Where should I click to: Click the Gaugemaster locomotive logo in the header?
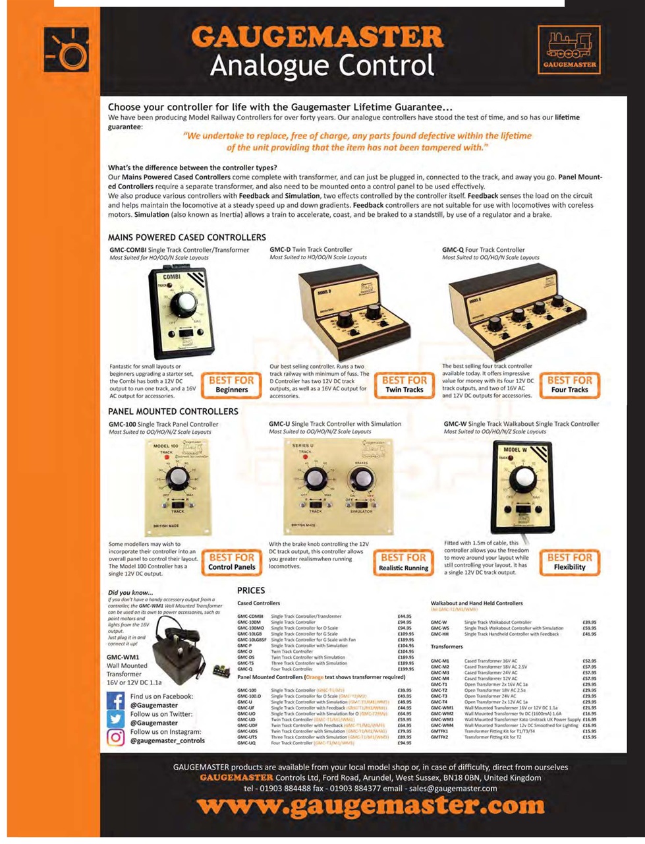coord(569,49)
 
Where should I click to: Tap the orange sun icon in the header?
coord(67,50)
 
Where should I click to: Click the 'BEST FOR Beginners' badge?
coord(231,384)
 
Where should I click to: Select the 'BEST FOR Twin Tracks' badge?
coord(404,384)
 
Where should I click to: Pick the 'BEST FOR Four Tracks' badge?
coord(569,384)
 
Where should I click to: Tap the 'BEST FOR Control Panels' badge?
coord(231,562)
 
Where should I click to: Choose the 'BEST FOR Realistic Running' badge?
coord(404,562)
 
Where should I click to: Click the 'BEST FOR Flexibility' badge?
coord(569,562)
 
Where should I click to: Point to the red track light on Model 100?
coord(158,457)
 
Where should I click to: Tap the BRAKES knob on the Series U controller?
coord(360,477)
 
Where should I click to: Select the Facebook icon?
coord(115,701)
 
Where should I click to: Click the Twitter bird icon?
coord(115,719)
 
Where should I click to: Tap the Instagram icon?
coord(115,737)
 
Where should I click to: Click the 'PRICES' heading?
coord(251,591)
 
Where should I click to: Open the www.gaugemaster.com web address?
coord(371,805)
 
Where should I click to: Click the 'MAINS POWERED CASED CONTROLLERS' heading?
coord(187,237)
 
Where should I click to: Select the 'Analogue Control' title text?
coord(322,66)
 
